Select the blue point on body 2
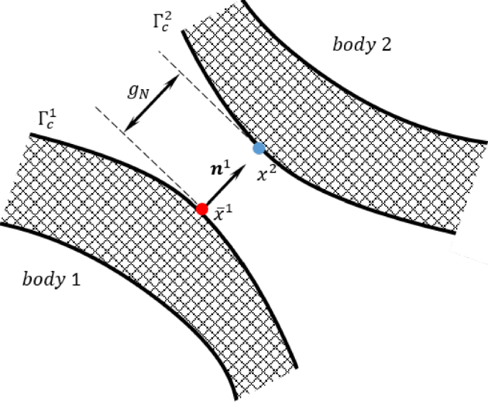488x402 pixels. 259,148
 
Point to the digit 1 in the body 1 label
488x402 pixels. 73,278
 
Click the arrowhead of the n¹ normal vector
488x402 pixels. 242,165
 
